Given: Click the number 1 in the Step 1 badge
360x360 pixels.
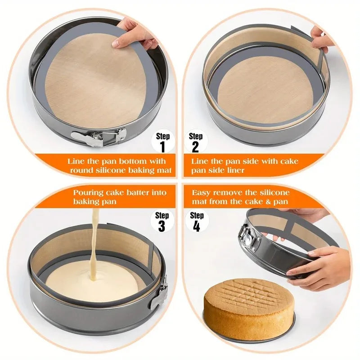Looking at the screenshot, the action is [163, 147].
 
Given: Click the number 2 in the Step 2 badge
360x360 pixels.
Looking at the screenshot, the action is [195, 147].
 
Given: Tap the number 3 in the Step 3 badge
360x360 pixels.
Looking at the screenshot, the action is [162, 226].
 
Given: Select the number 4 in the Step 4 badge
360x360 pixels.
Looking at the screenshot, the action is [196, 226].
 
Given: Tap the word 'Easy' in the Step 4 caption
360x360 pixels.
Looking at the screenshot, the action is [201, 193].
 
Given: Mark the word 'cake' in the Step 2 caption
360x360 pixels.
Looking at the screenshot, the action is [289, 161].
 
